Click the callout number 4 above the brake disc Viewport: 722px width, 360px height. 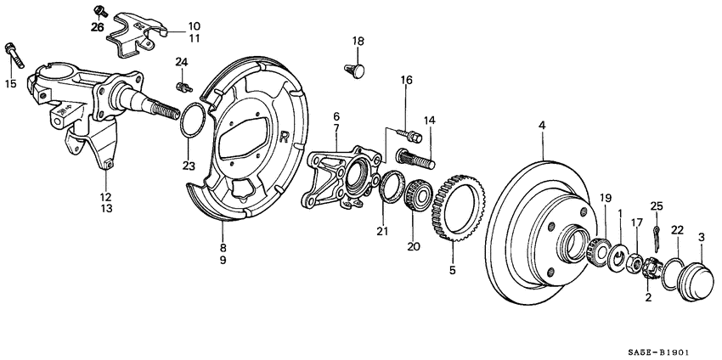[541, 127]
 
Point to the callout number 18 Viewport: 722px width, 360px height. [358, 41]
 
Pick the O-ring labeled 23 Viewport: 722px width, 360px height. [192, 120]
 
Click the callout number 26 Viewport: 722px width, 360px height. [98, 27]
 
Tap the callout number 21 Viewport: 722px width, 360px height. [383, 232]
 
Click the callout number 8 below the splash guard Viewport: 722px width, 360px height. [223, 248]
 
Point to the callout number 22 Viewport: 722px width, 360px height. [677, 230]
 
